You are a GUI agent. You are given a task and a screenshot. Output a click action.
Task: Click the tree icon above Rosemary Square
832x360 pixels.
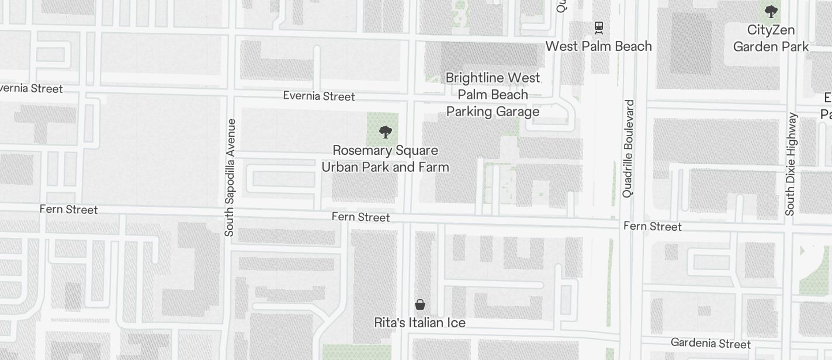(x=385, y=132)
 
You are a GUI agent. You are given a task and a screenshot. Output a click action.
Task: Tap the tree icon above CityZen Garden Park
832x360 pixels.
(x=771, y=11)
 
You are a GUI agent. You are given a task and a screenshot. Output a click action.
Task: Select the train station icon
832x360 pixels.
(x=598, y=27)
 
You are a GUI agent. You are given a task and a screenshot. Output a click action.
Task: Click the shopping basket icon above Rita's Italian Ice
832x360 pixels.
(x=420, y=304)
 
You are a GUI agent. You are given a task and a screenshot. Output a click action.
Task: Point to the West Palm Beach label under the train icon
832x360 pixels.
(x=598, y=46)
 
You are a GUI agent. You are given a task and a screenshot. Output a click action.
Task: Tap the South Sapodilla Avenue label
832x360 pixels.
(x=230, y=178)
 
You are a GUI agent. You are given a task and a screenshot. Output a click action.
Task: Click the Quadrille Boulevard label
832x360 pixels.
(x=628, y=149)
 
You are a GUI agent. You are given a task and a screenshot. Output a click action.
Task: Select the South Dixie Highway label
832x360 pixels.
(x=791, y=164)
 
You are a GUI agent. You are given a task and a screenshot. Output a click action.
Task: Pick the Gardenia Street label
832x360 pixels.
(x=710, y=343)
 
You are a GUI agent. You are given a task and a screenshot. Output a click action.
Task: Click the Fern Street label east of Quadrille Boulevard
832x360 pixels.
(x=652, y=226)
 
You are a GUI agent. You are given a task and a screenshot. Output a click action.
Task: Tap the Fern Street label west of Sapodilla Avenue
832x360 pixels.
(x=68, y=209)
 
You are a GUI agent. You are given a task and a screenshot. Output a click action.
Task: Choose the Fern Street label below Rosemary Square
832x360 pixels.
(x=360, y=217)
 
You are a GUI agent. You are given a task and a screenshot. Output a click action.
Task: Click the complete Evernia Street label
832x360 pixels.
(x=318, y=96)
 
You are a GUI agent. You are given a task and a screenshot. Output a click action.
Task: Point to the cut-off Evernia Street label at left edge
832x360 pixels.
(x=31, y=89)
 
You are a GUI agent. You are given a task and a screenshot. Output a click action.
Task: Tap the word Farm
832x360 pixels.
(x=433, y=167)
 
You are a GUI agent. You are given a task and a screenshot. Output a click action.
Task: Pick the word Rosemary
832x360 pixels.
(x=358, y=150)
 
